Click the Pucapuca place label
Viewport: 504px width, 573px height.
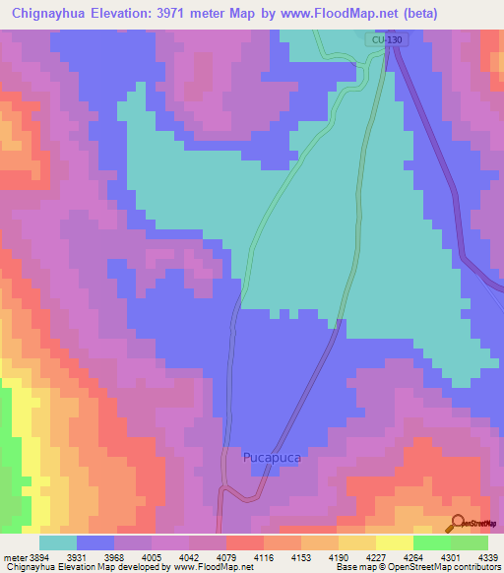click(272, 458)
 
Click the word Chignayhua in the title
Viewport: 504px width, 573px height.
click(56, 13)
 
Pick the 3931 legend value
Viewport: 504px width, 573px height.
click(76, 556)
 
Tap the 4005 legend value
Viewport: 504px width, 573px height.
click(150, 556)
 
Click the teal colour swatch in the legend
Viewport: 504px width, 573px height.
click(57, 542)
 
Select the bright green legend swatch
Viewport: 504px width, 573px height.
click(431, 542)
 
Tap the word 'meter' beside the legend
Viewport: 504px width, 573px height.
click(14, 556)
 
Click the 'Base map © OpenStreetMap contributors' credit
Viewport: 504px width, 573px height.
click(415, 567)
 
